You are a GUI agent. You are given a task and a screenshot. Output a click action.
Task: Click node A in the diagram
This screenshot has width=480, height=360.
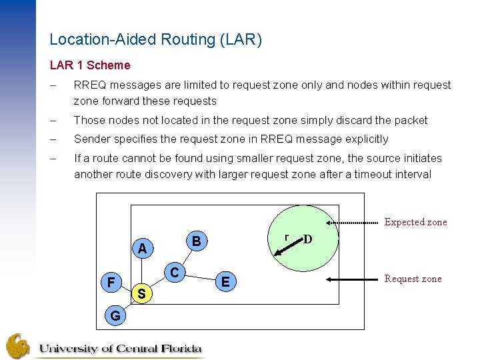[x=141, y=249]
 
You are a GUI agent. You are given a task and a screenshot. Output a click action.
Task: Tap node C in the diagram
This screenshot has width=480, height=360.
[x=174, y=272]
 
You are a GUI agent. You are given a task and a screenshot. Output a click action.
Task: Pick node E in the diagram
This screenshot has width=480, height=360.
[x=225, y=282]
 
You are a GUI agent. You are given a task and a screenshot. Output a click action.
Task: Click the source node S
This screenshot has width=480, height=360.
[x=141, y=293]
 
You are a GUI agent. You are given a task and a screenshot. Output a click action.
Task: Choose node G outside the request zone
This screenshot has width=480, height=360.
[x=115, y=315]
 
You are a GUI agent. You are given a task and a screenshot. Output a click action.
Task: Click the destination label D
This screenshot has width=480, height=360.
[x=308, y=239]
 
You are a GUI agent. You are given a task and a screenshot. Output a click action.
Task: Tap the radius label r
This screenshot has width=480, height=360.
[x=286, y=237]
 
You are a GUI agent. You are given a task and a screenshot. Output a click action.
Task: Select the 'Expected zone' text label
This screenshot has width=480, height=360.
[x=415, y=222]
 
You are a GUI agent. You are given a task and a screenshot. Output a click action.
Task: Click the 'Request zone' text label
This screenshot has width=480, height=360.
[x=413, y=279]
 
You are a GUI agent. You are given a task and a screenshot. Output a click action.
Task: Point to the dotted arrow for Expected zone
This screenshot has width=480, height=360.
[x=353, y=221]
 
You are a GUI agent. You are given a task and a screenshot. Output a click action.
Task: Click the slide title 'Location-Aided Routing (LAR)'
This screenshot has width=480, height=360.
[x=156, y=40]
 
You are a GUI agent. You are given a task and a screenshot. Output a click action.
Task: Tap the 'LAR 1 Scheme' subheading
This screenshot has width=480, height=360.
[x=90, y=65]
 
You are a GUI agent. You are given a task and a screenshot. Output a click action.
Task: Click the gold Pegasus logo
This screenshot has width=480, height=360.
[x=18, y=346]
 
